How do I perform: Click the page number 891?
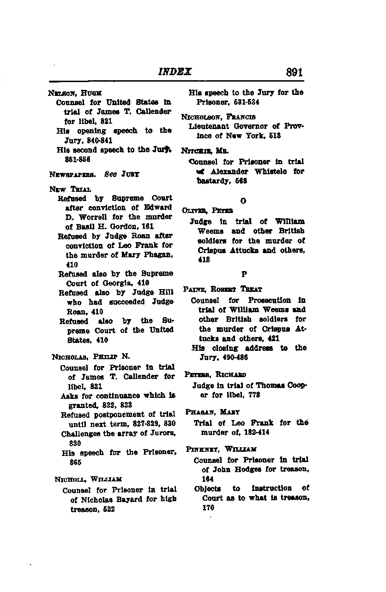[294, 72]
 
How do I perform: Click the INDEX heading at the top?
[175, 72]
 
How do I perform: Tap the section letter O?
[243, 201]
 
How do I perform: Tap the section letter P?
[244, 274]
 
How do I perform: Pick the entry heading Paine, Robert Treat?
[223, 290]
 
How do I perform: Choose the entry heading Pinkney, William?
[221, 449]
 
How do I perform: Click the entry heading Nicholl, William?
[88, 480]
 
